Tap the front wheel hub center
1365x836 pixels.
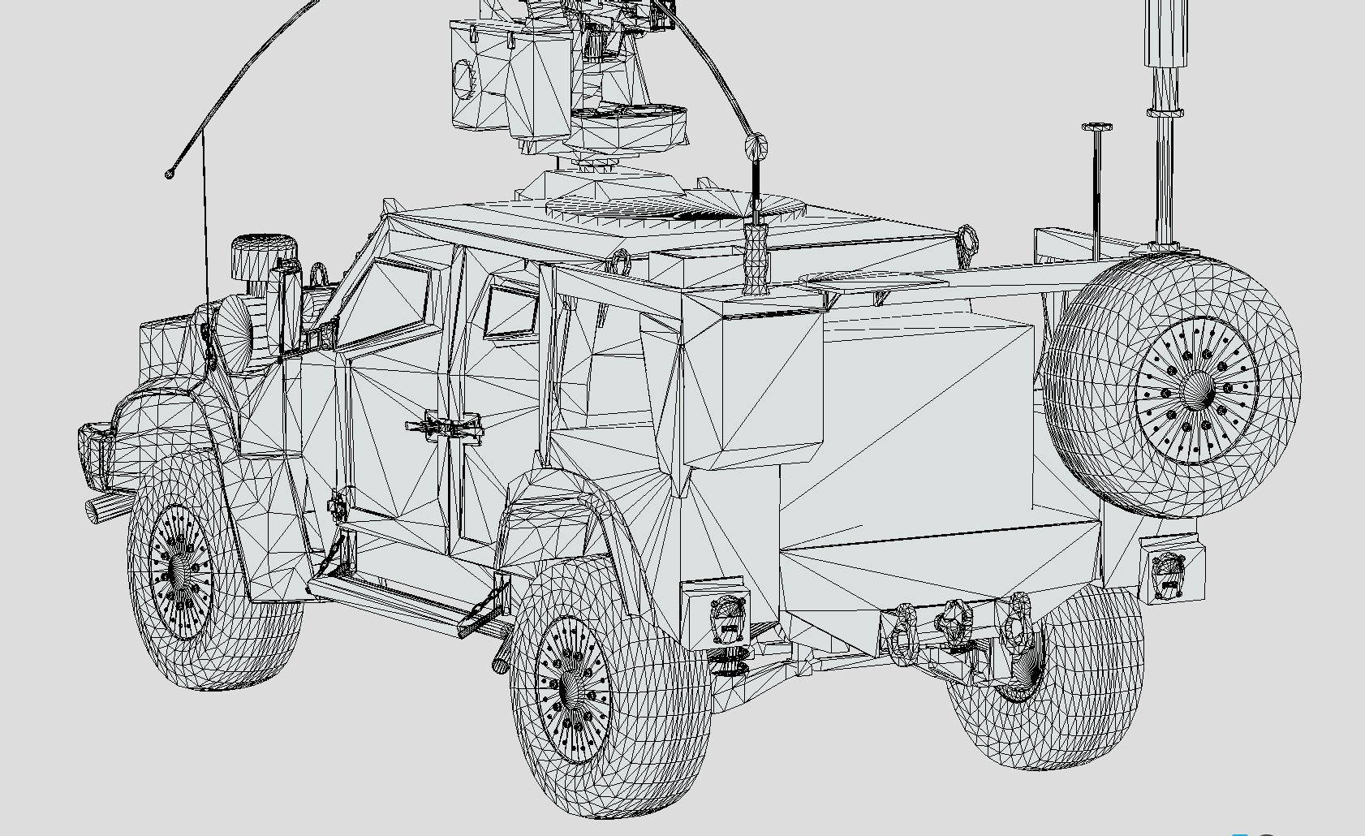(x=180, y=573)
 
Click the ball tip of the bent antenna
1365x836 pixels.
(x=170, y=174)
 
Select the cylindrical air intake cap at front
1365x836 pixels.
(x=264, y=256)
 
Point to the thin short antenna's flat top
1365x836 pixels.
(x=1096, y=127)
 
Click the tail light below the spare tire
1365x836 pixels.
(x=1169, y=572)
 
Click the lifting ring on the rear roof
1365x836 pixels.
(x=967, y=239)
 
